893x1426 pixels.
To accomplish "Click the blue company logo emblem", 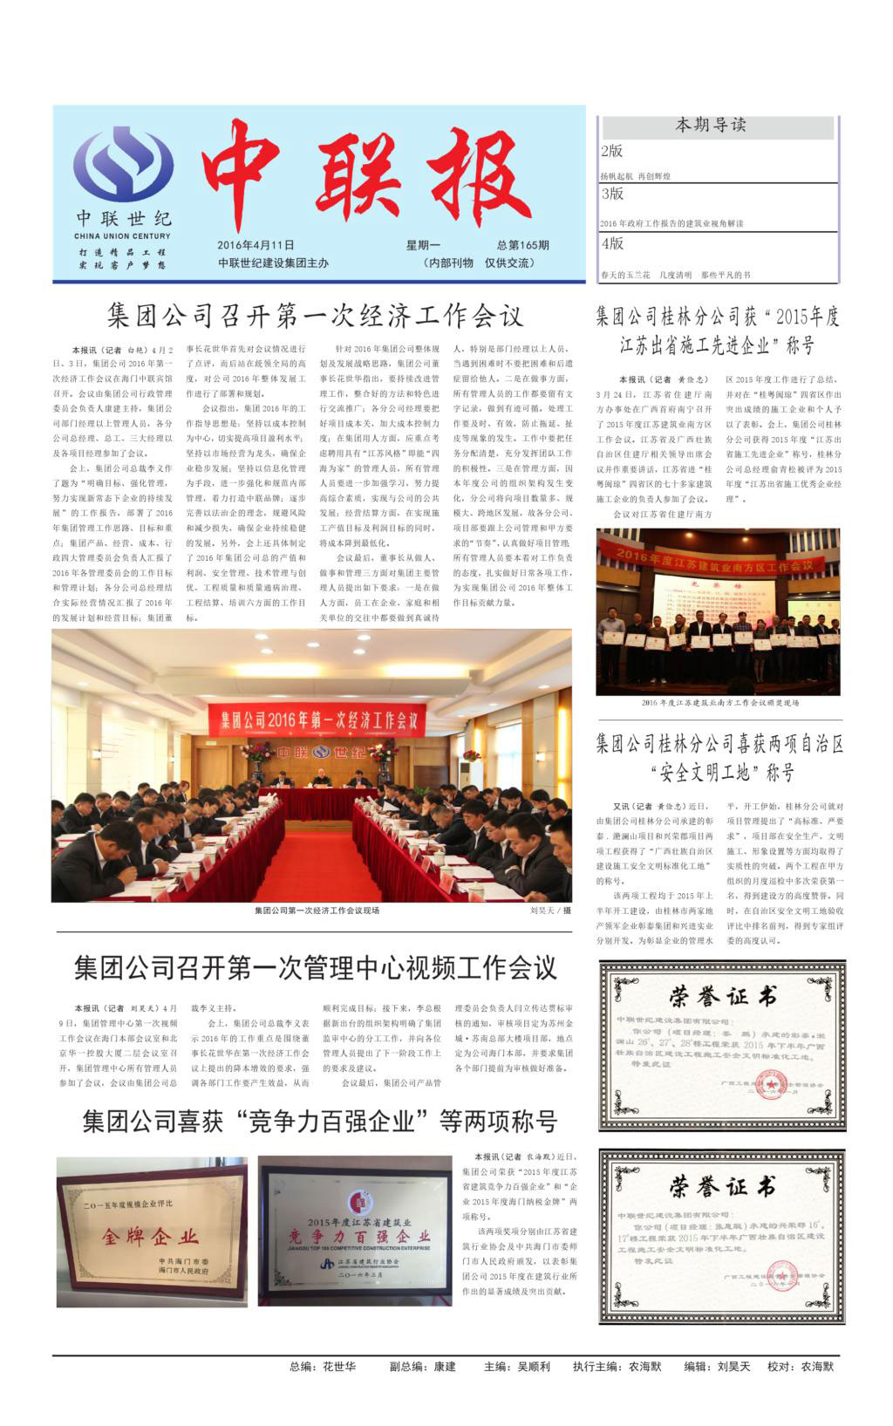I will (x=123, y=165).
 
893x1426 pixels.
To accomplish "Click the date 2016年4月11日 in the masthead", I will (x=256, y=245).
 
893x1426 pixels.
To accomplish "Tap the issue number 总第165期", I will (x=523, y=245).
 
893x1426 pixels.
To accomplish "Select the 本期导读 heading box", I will (x=711, y=126).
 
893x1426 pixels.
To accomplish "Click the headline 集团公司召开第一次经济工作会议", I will (x=315, y=315).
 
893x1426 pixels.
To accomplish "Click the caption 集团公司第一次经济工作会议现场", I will (x=317, y=911).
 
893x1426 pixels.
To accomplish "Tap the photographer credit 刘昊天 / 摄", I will (x=550, y=911).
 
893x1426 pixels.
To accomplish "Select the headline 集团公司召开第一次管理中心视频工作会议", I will (x=315, y=967).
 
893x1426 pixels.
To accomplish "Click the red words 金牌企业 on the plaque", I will (x=150, y=1237).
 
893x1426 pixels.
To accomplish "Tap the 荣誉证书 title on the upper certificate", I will (x=722, y=996).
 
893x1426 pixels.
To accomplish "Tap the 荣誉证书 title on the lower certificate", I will (x=722, y=1186).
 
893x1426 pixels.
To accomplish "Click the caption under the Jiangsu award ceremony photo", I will (x=719, y=702).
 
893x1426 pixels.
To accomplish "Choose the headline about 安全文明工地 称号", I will (x=719, y=758).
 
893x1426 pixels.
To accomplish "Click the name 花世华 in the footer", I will (x=339, y=1367).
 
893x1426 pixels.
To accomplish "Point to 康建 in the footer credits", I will (x=445, y=1367).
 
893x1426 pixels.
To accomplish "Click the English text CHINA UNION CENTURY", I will (x=123, y=235).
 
